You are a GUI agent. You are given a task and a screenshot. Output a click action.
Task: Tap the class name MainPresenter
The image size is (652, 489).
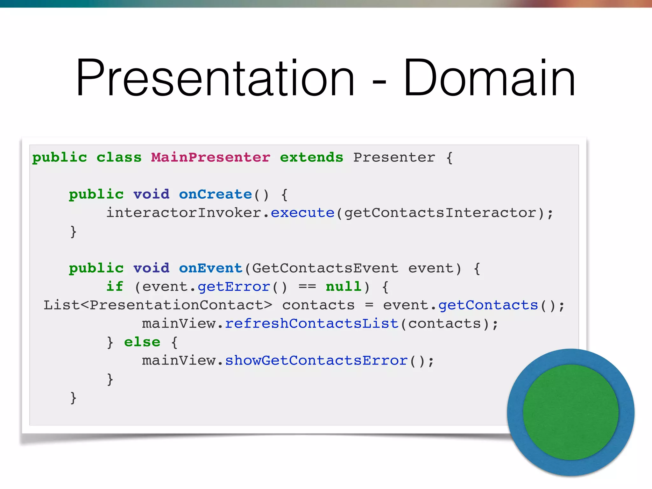click(210, 157)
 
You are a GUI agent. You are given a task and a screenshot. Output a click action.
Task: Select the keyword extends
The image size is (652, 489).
click(311, 157)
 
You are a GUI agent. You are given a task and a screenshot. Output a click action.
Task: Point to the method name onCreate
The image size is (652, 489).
click(215, 194)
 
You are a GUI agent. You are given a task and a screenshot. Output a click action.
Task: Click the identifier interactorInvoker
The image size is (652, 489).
click(184, 213)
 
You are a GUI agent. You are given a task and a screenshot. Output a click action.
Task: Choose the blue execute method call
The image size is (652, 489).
click(302, 213)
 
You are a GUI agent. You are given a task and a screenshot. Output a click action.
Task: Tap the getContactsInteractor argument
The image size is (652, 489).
click(440, 213)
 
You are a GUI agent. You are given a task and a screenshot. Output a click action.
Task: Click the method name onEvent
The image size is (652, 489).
click(210, 268)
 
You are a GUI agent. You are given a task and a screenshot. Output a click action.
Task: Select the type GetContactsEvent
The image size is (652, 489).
click(325, 268)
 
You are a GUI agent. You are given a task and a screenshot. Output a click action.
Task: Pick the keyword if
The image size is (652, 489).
click(115, 287)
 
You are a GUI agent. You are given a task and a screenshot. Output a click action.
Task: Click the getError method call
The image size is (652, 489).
click(234, 287)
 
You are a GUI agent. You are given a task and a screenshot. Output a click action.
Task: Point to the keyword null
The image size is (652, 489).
click(344, 287)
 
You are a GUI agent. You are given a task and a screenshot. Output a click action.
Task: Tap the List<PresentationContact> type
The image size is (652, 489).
click(158, 305)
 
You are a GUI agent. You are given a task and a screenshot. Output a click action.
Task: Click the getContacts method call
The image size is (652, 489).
click(488, 305)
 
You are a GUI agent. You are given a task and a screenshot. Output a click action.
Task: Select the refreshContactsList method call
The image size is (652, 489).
click(312, 323)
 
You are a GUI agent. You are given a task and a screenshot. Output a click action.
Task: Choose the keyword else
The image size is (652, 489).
click(142, 342)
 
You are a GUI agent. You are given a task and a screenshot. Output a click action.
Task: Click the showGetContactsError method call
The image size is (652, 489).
click(316, 360)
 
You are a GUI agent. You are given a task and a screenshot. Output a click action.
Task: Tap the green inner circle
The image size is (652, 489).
click(570, 412)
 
